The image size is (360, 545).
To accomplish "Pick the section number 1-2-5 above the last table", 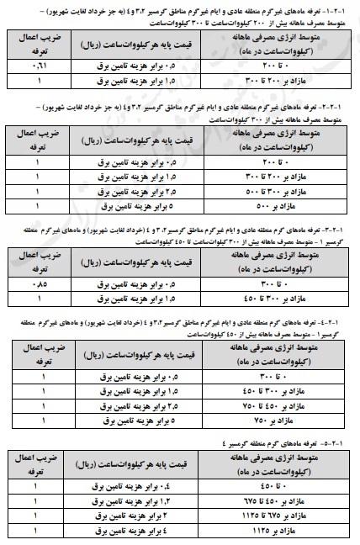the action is [x=341, y=442].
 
